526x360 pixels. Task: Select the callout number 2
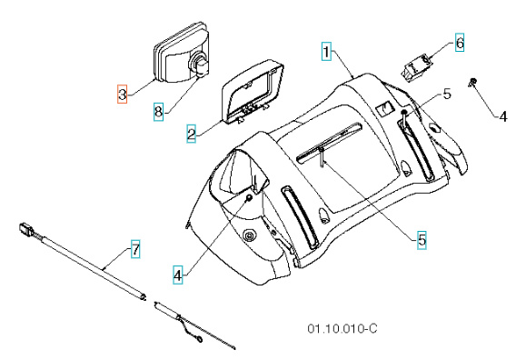tap(192, 134)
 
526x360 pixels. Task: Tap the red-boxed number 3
tap(123, 93)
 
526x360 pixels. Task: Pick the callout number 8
tap(158, 112)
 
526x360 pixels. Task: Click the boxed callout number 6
tap(459, 43)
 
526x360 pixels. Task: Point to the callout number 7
tap(135, 248)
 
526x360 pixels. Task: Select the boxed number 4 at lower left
tap(179, 271)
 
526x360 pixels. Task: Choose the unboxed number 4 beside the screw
tap(499, 116)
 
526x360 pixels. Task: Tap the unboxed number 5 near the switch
tap(446, 94)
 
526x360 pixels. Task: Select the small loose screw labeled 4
tap(475, 84)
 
